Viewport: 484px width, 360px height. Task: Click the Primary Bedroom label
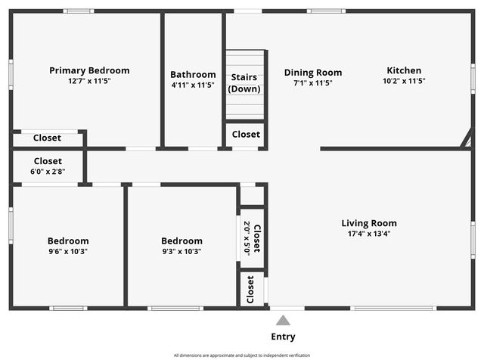pyautogui.click(x=89, y=70)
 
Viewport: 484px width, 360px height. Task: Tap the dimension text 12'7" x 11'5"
pyautogui.click(x=89, y=81)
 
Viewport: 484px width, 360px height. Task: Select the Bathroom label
pyautogui.click(x=193, y=74)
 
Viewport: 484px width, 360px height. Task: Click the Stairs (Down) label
pyautogui.click(x=244, y=82)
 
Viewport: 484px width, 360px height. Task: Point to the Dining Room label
pyautogui.click(x=313, y=73)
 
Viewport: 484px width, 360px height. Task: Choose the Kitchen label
pyautogui.click(x=404, y=70)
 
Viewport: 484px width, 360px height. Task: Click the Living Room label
pyautogui.click(x=369, y=223)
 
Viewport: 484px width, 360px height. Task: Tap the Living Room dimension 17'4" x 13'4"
pyautogui.click(x=369, y=234)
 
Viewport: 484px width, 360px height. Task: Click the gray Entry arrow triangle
pyautogui.click(x=283, y=321)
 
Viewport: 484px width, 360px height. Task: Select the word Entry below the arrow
pyautogui.click(x=283, y=337)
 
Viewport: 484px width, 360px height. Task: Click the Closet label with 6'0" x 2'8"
pyautogui.click(x=48, y=161)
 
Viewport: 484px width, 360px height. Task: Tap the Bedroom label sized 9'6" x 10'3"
pyautogui.click(x=68, y=241)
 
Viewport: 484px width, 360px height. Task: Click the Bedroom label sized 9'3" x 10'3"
pyautogui.click(x=181, y=241)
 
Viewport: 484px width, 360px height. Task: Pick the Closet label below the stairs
pyautogui.click(x=246, y=135)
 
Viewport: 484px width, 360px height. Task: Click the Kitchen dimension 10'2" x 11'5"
pyautogui.click(x=404, y=81)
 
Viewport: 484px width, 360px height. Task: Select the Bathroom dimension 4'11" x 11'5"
pyautogui.click(x=193, y=85)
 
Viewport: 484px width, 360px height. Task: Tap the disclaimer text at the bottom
pyautogui.click(x=242, y=355)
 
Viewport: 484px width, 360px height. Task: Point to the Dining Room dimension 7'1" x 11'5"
pyautogui.click(x=313, y=83)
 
